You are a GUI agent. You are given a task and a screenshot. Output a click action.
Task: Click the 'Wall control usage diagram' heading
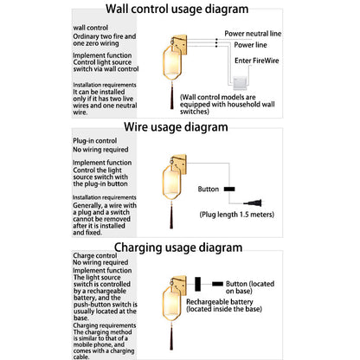pos(177,9)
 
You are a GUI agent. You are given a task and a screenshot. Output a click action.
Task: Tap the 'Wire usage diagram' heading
pos(176,127)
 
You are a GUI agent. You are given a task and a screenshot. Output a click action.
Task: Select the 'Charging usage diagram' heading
pos(178,247)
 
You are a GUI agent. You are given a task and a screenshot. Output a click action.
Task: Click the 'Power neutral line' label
pos(253,34)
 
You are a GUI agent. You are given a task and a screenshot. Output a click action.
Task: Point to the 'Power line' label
pos(250,45)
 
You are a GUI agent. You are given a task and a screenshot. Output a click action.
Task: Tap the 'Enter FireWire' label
pos(257,61)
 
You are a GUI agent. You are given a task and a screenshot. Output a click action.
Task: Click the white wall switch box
pos(240,83)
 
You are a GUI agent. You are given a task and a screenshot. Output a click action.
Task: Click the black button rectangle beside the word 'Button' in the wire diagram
pos(229,190)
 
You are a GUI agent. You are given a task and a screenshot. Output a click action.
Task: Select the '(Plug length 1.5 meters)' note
pos(237,215)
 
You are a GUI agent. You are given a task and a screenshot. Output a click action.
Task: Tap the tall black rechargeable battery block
pos(197,284)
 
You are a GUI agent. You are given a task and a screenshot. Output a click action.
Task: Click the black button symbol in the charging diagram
pos(217,284)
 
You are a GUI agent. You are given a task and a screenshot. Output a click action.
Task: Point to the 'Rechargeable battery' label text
pos(220,302)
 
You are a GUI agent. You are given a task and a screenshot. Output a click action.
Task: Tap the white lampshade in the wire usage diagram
pos(172,183)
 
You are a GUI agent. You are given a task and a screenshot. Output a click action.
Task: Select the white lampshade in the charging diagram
pos(172,303)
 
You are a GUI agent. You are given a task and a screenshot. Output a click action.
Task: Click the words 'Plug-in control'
pos(94,141)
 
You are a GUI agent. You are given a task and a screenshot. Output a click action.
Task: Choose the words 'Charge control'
pos(95,255)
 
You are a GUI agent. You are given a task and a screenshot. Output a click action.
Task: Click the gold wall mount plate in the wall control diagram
pos(180,44)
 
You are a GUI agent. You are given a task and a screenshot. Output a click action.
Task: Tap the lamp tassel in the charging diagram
pos(171,337)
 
